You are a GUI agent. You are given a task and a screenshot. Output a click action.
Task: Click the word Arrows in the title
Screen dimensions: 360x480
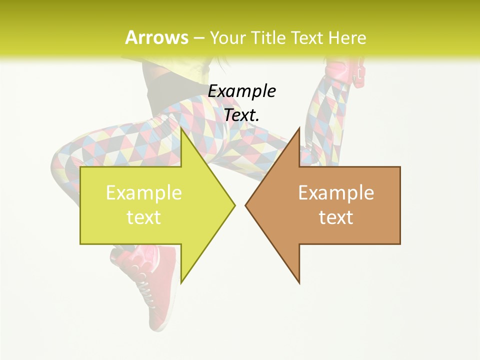156,37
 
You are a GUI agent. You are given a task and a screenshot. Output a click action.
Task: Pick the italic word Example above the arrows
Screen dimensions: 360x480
241,91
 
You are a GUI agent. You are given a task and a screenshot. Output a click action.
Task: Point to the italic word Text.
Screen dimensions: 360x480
241,115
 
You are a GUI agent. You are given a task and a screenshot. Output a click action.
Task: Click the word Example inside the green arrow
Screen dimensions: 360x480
144,193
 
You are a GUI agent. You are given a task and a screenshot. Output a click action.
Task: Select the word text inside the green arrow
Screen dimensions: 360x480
144,217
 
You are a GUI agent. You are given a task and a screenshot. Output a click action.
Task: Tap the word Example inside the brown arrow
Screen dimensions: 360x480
336,193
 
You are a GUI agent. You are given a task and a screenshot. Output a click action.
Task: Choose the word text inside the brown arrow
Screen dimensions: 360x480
336,217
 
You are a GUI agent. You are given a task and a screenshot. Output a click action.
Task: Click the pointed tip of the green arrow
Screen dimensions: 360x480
233,204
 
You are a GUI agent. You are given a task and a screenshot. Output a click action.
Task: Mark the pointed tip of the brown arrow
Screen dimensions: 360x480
246,204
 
